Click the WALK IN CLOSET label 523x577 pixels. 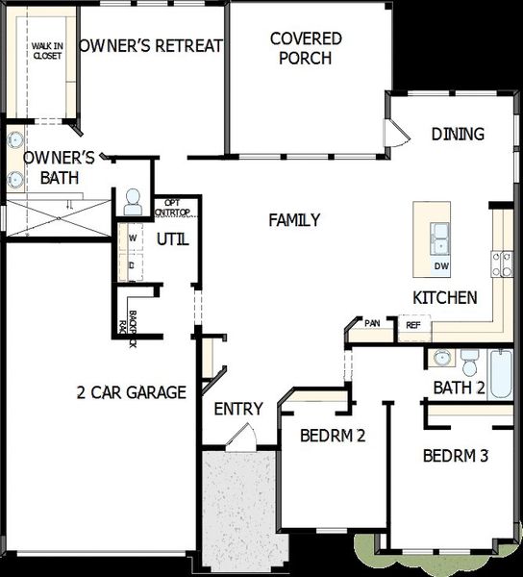tap(45, 50)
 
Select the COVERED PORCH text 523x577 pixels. tap(306, 48)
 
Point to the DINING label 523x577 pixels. tap(457, 134)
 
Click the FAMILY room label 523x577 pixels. tap(294, 220)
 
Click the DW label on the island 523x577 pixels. tap(441, 266)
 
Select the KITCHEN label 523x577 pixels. tap(444, 298)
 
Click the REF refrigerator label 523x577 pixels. tap(413, 326)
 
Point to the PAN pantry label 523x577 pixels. tap(372, 323)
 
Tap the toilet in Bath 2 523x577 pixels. tap(469, 363)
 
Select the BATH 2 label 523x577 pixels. tap(458, 389)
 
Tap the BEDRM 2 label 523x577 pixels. tap(333, 435)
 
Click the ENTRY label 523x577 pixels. tap(237, 409)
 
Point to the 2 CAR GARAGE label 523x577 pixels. tap(132, 391)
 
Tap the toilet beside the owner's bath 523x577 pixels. tap(133, 201)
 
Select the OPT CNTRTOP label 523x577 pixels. tap(173, 208)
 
